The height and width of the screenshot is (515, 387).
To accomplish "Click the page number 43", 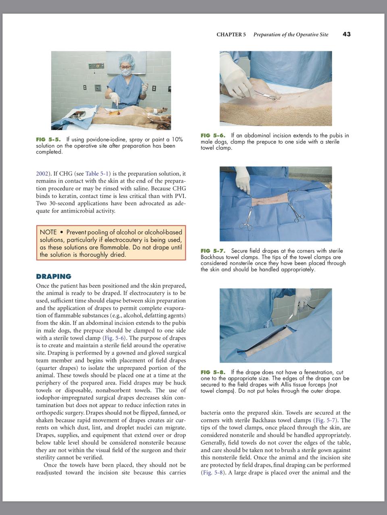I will pos(346,34).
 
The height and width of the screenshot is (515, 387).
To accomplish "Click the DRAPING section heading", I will pos(54,276).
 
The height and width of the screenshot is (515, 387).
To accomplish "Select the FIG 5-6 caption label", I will pos(213,136).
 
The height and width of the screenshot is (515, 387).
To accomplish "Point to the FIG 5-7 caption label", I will pos(213,251).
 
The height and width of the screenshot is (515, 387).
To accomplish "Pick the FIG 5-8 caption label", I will pos(213,372).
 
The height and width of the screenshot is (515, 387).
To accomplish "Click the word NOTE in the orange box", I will pos(48,232).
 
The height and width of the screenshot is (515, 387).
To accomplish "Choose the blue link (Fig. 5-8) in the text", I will pos(213,472).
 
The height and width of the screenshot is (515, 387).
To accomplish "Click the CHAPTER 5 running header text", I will pos(231,35).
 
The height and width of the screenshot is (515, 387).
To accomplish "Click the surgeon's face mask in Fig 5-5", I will pos(127,72).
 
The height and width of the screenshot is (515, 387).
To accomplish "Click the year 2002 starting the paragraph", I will pos(42,174).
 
